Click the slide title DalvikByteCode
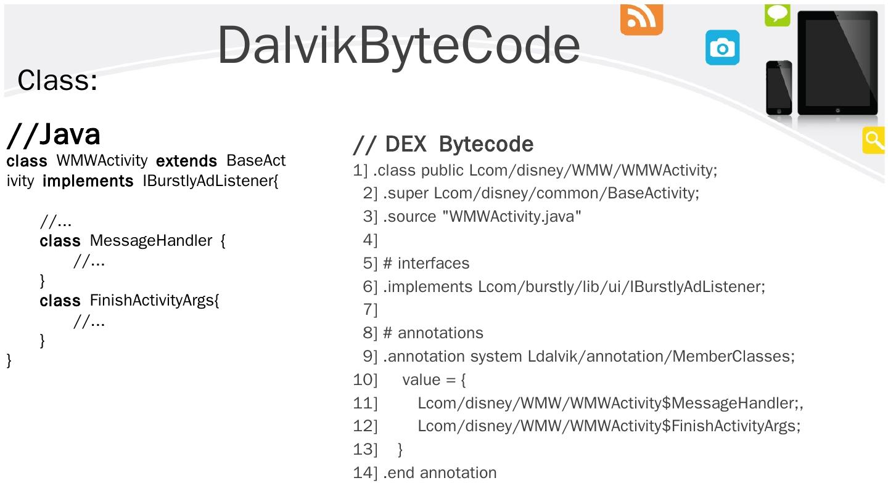tap(398, 45)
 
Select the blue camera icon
tap(722, 47)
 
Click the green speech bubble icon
tap(777, 14)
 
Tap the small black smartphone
tap(779, 87)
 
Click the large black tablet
tap(837, 63)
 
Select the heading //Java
tap(54, 134)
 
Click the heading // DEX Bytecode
tap(443, 144)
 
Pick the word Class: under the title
tap(57, 80)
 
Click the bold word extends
tap(186, 161)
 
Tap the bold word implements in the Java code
tap(88, 182)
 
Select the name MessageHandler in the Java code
tap(151, 240)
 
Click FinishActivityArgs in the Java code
tap(154, 301)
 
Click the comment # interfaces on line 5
tap(426, 264)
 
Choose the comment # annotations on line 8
tap(433, 333)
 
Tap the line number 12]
tap(365, 426)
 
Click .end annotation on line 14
tap(440, 473)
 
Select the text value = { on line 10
tap(434, 380)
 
